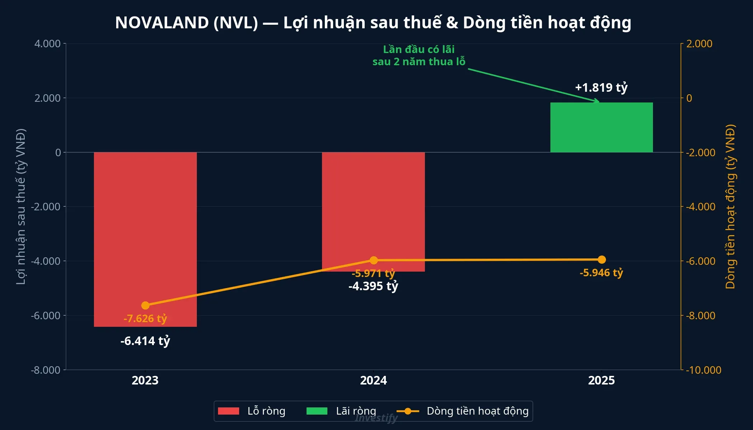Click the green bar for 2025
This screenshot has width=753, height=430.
click(x=601, y=127)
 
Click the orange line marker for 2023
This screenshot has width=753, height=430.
click(x=145, y=305)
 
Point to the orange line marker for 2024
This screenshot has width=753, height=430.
click(x=374, y=260)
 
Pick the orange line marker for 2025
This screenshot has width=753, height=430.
click(x=602, y=259)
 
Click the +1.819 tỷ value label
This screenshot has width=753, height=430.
click(x=601, y=87)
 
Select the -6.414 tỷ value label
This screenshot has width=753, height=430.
click(x=145, y=341)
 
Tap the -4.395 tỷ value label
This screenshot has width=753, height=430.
click(x=373, y=286)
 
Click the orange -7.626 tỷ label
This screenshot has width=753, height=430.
click(x=145, y=318)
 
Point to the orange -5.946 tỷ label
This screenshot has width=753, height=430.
click(x=601, y=273)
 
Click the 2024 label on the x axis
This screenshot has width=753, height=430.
click(x=373, y=380)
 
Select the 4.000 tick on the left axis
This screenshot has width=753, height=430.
click(x=47, y=44)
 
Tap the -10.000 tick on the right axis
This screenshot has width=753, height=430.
click(x=703, y=370)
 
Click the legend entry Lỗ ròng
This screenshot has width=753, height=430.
click(x=266, y=411)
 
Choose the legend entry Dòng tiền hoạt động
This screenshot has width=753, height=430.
click(x=477, y=411)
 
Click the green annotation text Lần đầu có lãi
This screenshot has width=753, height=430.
click(x=418, y=49)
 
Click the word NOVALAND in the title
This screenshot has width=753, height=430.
click(x=162, y=23)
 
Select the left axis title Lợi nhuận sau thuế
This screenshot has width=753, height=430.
click(x=21, y=206)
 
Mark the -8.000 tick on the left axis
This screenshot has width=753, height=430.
click(x=46, y=370)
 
